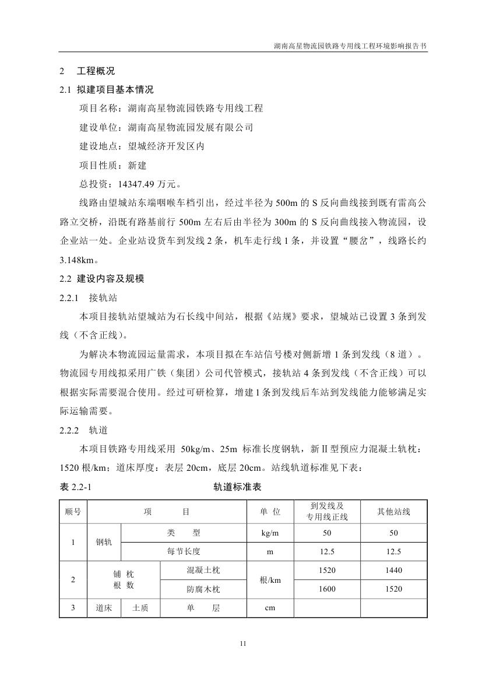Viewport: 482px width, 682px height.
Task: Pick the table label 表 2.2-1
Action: (76, 488)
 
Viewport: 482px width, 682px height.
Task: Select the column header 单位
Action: (270, 512)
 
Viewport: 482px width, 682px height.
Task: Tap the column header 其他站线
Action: (393, 512)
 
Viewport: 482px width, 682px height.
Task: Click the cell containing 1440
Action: (393, 570)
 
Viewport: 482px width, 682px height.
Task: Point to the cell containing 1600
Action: (327, 589)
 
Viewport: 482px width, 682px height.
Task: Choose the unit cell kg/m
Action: (270, 533)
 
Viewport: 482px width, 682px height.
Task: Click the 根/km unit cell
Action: (270, 580)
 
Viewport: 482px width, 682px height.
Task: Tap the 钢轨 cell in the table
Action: (104, 542)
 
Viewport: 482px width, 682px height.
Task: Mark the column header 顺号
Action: (73, 512)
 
